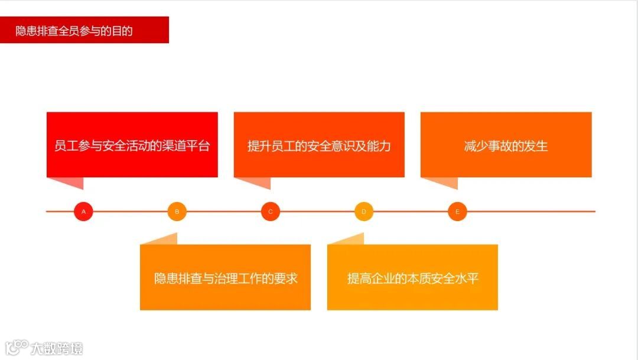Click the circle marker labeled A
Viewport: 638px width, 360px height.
(83, 211)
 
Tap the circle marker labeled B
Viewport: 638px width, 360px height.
(177, 211)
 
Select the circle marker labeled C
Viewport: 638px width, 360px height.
(271, 211)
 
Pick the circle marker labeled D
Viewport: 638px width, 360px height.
(364, 211)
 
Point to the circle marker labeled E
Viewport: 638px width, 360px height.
(457, 211)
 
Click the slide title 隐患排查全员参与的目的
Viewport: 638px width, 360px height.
(74, 31)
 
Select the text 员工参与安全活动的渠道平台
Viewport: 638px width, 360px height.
(132, 145)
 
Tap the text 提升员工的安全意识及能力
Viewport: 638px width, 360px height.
(319, 145)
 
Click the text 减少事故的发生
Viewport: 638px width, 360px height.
(506, 145)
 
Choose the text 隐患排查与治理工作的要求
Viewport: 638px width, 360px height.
(226, 278)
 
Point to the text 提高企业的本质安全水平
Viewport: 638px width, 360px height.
(412, 278)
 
